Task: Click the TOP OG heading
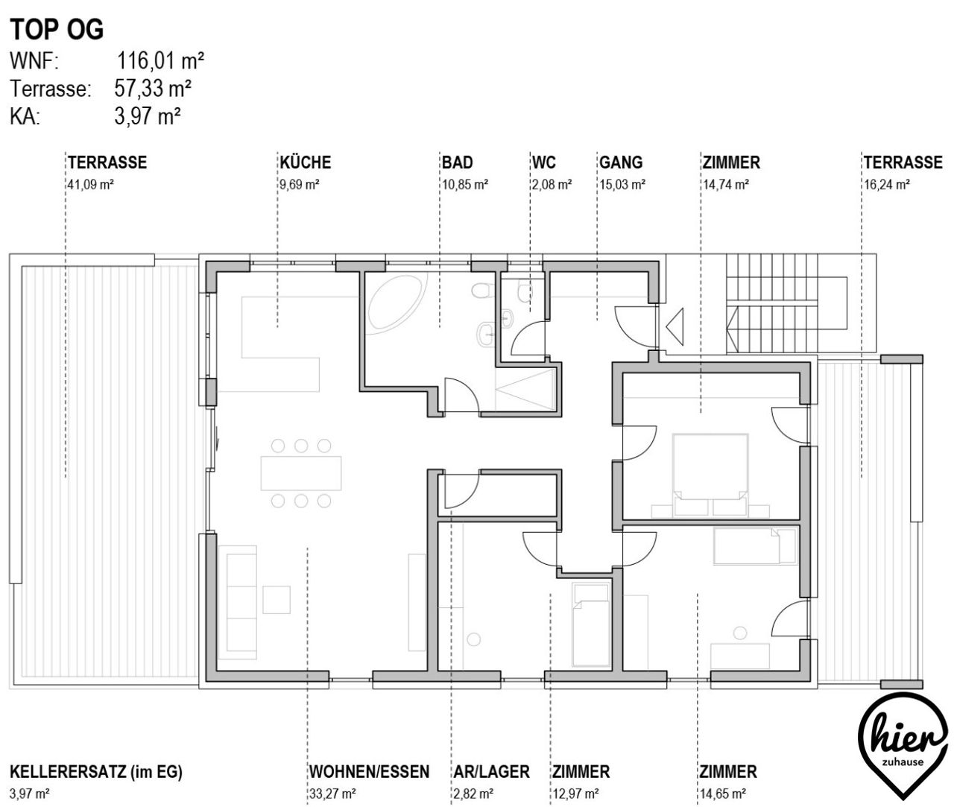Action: tap(57, 30)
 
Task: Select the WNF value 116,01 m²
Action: tap(160, 60)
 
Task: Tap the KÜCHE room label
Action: tap(306, 162)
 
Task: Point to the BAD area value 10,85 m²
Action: tap(465, 185)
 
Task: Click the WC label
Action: tap(543, 162)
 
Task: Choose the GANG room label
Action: tap(621, 162)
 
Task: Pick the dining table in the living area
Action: tap(301, 473)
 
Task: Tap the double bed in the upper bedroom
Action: tap(710, 475)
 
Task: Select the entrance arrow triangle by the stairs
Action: tap(675, 327)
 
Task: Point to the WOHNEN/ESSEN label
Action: tap(369, 771)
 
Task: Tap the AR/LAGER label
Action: tap(492, 771)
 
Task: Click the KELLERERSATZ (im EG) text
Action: tap(96, 771)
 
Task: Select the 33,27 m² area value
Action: tap(332, 794)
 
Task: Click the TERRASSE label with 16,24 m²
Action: tap(903, 162)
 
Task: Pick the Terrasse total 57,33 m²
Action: tap(153, 88)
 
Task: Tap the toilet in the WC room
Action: tap(525, 291)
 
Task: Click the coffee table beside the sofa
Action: tap(277, 599)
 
